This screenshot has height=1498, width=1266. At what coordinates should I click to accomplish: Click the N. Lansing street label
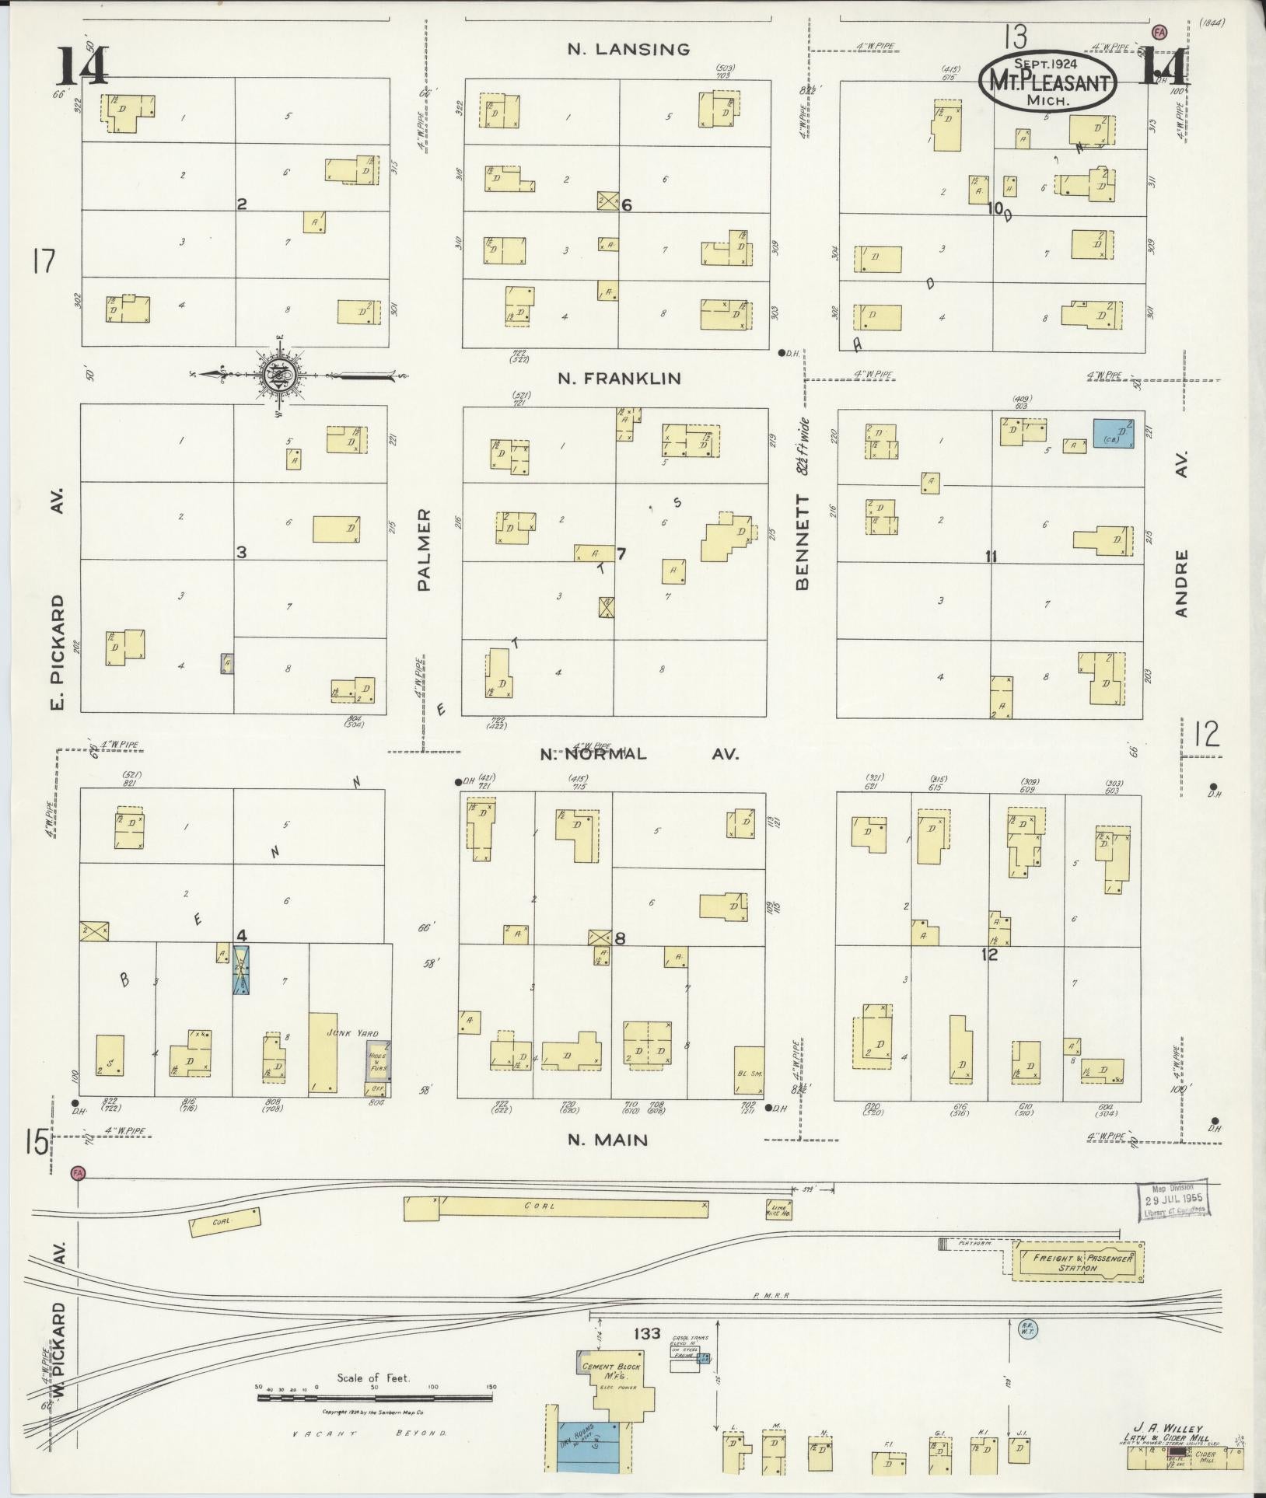coord(628,50)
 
